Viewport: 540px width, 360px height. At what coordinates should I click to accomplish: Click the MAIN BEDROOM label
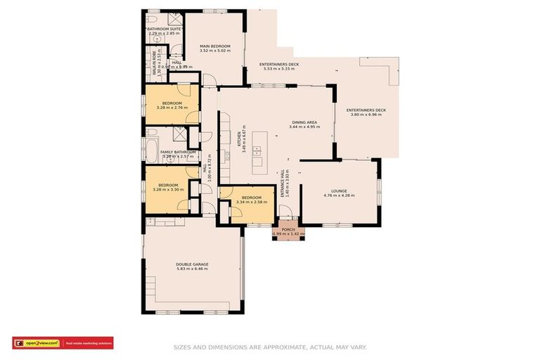214,46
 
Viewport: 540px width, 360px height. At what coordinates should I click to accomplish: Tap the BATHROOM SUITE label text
163,29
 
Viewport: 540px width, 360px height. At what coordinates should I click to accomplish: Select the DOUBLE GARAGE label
192,264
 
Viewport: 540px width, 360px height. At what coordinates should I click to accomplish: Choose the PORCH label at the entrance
288,229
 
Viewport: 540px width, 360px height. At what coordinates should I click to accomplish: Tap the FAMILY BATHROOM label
178,152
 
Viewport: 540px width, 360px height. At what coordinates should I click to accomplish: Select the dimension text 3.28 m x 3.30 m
167,190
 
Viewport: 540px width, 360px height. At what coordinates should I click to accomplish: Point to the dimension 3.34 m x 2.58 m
251,202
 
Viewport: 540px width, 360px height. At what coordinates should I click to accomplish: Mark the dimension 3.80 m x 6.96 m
366,115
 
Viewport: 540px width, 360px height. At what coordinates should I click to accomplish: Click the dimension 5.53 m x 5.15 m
279,68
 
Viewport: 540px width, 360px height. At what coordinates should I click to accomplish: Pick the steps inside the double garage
150,286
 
